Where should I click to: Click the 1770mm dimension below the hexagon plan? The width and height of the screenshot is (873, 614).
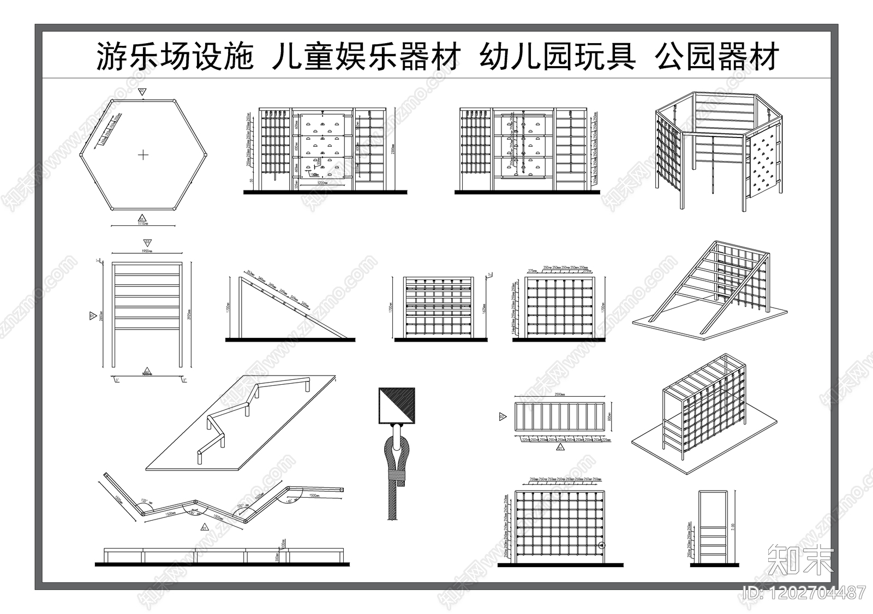[143, 223]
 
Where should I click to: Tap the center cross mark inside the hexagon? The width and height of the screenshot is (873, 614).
[143, 155]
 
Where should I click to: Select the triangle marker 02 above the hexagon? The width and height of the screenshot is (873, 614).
[142, 91]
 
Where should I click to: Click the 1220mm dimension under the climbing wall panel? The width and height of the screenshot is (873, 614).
[322, 184]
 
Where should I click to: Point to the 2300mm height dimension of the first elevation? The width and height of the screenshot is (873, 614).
[393, 148]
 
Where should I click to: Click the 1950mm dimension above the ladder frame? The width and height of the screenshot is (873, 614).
[146, 251]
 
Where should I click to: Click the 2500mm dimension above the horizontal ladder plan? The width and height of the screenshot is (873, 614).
[559, 394]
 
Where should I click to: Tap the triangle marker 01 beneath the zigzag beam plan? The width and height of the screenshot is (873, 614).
[204, 528]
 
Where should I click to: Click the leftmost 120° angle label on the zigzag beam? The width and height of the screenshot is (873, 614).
[144, 500]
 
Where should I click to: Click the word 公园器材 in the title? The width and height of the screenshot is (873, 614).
[717, 57]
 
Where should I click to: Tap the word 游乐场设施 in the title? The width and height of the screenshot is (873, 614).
[175, 57]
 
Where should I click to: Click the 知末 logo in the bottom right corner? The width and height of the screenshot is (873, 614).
[800, 559]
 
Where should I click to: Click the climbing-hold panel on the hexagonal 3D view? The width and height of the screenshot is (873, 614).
[763, 166]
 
